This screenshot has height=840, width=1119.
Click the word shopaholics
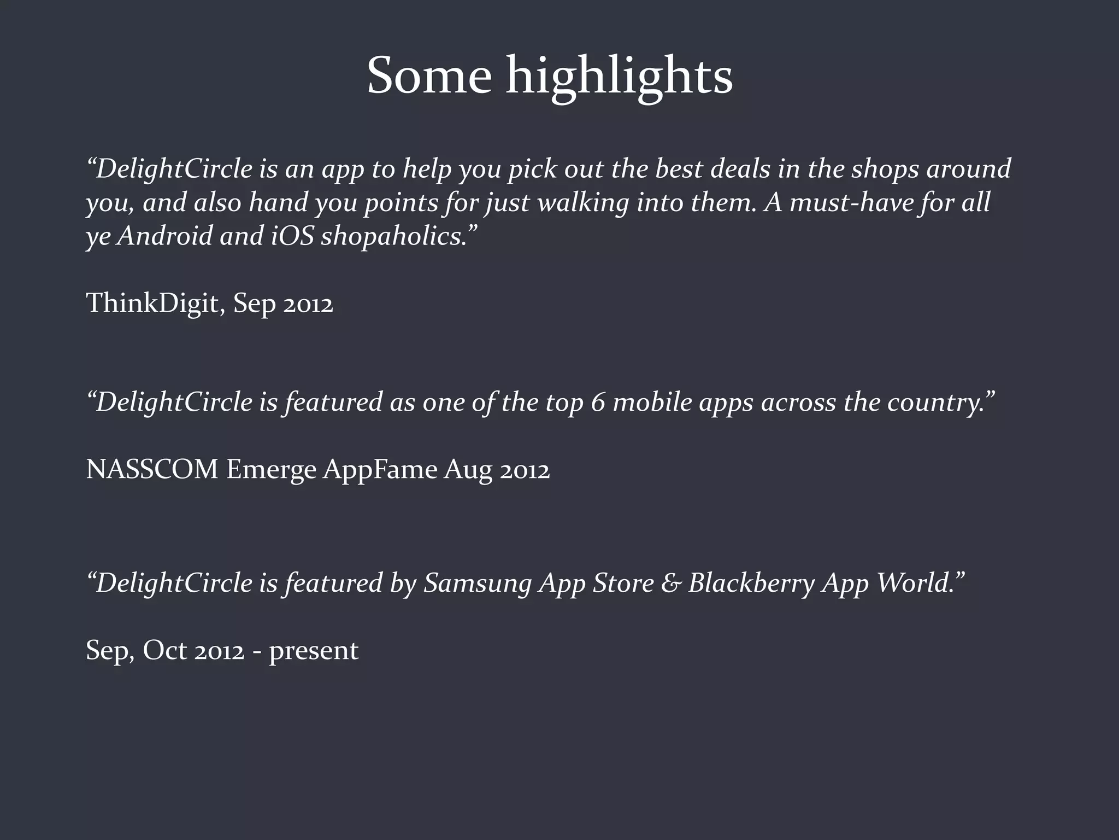[x=393, y=236]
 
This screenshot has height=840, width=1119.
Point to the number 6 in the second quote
[x=598, y=402]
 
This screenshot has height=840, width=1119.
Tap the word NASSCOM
[x=152, y=469]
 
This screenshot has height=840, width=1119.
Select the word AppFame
[x=380, y=470]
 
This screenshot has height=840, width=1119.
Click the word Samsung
[x=478, y=583]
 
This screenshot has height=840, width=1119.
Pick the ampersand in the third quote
[x=670, y=582]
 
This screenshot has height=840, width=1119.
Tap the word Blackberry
[x=751, y=583]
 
